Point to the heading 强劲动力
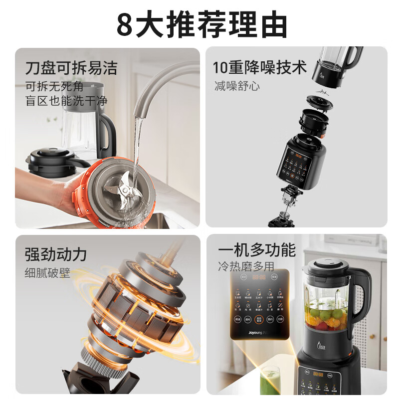tap(56, 254)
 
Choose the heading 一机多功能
tap(256, 250)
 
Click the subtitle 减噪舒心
tap(237, 86)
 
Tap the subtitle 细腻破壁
tap(47, 273)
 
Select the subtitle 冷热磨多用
tap(245, 267)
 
